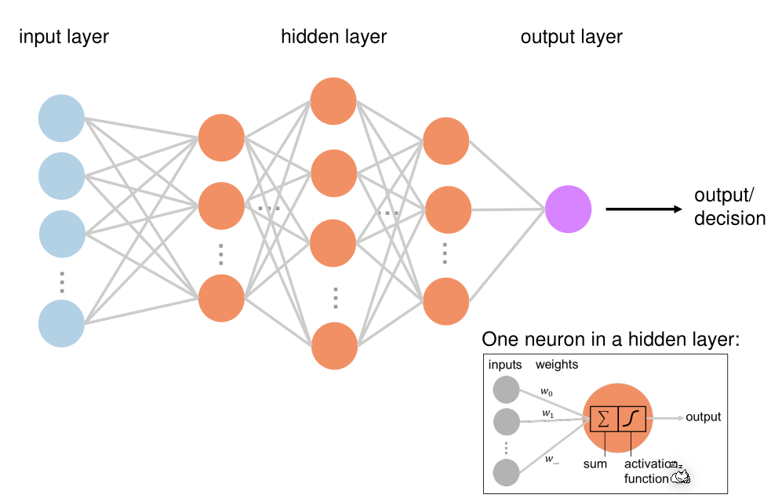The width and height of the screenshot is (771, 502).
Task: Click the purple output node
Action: coord(569,209)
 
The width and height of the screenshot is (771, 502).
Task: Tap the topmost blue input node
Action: coord(61,118)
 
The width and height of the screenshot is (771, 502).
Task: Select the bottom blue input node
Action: coord(61,324)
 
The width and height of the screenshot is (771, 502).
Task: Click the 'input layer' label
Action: coord(64,36)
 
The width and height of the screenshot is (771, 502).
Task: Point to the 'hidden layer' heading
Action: coord(334,36)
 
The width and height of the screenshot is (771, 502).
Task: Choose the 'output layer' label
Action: coord(571,36)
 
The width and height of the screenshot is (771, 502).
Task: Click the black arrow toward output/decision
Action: coord(644,209)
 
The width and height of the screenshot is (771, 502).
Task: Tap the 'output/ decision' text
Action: coord(729,207)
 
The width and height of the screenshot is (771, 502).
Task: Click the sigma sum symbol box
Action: coord(603,419)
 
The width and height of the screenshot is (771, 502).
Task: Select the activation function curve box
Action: coord(631,419)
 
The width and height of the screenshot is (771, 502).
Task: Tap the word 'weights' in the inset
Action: coord(557,365)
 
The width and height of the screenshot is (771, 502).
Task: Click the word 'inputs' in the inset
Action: coord(505,365)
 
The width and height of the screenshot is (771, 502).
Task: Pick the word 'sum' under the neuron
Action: coord(595,464)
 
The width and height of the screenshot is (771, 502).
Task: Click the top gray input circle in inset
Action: coord(506,390)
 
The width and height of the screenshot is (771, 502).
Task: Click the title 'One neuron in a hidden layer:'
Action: coord(611,340)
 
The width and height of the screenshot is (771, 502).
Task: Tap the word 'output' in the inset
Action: coord(703,417)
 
